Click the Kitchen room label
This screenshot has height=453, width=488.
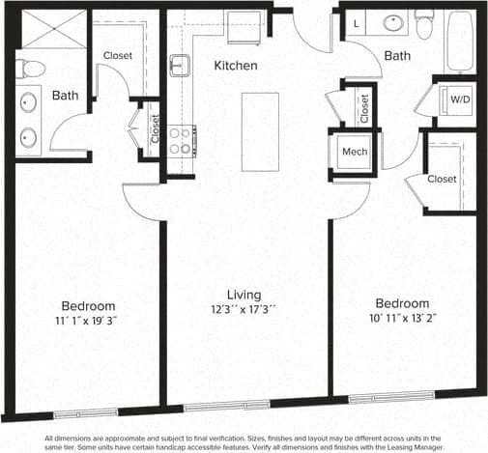[x=236, y=66]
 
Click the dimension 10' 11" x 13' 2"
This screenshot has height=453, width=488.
[x=402, y=317]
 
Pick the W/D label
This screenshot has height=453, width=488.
[x=453, y=98]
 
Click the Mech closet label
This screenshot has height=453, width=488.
[x=350, y=152]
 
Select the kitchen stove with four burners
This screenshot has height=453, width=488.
[x=181, y=141]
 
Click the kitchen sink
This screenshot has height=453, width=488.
[x=180, y=66]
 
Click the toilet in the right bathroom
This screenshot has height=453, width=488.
[x=423, y=21]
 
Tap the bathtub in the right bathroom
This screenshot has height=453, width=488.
[x=459, y=41]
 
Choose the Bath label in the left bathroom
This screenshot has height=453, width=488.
[x=66, y=96]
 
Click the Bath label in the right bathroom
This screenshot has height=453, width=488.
[x=397, y=56]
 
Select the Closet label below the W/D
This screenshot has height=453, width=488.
[x=442, y=179]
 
